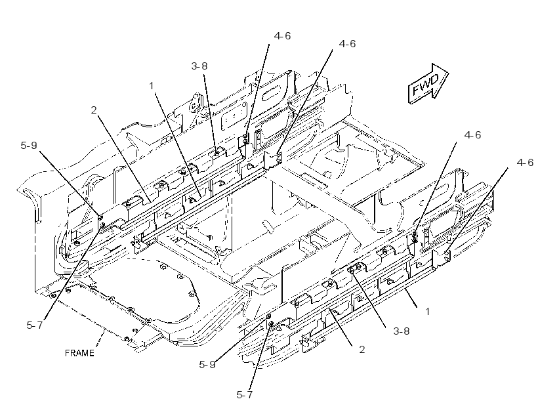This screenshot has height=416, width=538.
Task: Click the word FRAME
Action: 79,353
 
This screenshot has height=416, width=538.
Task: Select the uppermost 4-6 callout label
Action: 282,35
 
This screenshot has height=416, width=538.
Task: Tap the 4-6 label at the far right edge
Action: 525,162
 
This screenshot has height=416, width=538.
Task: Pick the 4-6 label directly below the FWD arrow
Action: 472,135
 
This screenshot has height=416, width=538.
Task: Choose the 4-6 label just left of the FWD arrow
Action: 347,43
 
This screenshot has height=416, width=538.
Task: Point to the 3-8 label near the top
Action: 199,66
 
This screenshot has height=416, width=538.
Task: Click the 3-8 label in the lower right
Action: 402,331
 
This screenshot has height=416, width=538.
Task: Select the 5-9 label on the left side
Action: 28,145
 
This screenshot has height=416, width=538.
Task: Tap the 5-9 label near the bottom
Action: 207,364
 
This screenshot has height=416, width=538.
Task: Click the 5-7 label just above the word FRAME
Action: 35,325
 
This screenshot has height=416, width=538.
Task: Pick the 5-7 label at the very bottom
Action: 245,395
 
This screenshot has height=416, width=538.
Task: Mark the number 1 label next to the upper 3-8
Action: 152,86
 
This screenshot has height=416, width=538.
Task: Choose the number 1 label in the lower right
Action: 428,311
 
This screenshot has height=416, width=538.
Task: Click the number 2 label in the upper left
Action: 94,110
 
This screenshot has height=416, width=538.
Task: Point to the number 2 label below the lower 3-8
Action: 362,350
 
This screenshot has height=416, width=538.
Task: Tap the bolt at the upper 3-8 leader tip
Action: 217,154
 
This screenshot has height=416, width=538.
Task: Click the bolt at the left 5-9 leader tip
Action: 100,217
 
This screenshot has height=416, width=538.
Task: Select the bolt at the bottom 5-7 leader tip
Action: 271,323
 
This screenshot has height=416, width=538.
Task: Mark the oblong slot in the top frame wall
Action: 272,93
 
